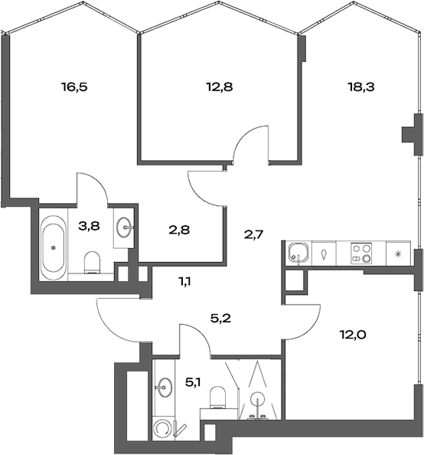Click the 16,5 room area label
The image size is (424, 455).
(75, 87)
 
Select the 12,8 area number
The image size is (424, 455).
(220, 87)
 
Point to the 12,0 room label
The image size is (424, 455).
(354, 333)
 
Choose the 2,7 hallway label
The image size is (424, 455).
(253, 234)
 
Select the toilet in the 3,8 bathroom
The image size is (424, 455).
(93, 263)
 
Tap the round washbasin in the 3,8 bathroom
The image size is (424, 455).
(126, 227)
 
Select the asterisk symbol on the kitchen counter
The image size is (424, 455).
(397, 254)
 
